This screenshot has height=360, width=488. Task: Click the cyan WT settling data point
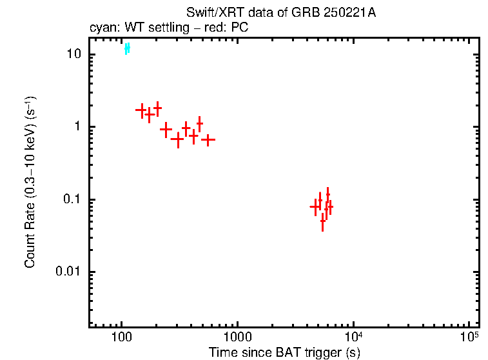click(127, 48)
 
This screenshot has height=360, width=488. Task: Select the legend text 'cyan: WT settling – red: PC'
click(168, 28)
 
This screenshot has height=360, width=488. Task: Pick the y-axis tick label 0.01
click(70, 272)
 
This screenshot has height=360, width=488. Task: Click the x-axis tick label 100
click(121, 337)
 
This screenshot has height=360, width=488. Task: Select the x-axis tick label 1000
click(237, 337)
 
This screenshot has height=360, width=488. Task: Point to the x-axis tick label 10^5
click(469, 336)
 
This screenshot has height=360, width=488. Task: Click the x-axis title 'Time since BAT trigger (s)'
click(284, 352)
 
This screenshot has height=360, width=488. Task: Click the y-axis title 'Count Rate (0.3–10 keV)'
click(30, 183)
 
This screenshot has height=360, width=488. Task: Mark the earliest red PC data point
click(141, 110)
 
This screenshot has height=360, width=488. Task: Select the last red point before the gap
click(208, 139)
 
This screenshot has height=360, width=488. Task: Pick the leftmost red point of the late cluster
click(315, 207)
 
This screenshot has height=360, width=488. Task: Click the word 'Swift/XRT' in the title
click(209, 14)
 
